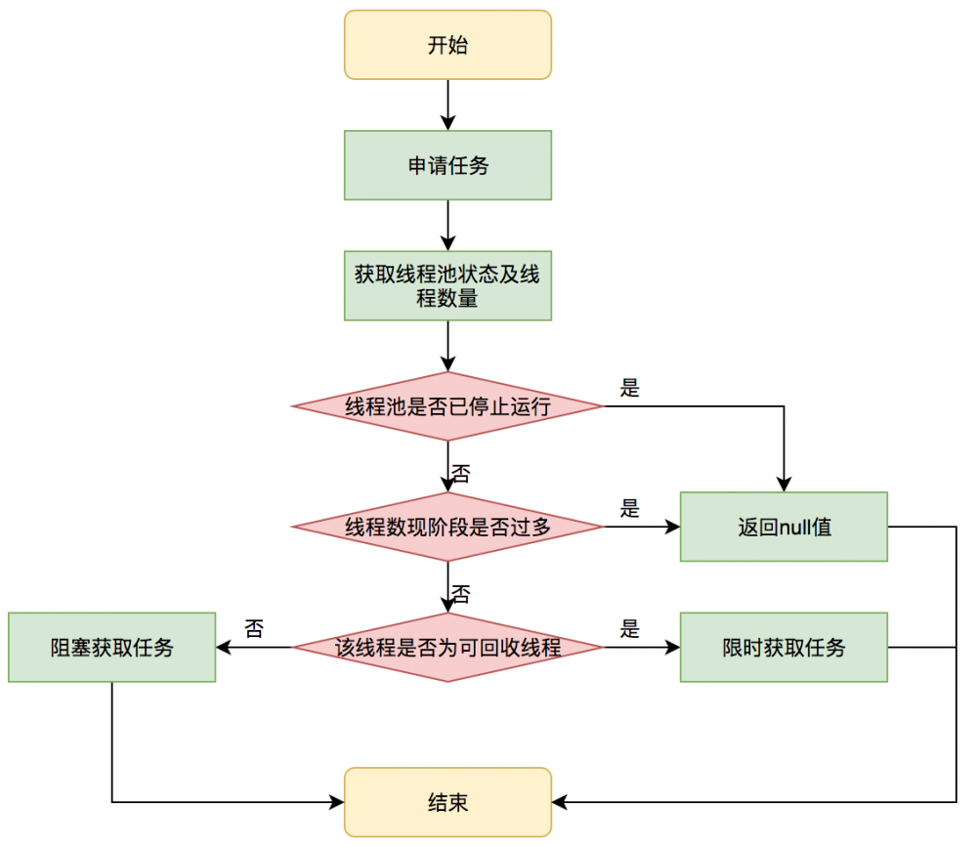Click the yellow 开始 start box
[x=447, y=45]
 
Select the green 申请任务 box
[x=447, y=165]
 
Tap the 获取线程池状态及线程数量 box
[x=447, y=286]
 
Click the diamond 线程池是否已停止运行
[x=447, y=406]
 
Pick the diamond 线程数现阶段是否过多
[x=447, y=527]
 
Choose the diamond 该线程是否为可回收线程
[x=447, y=647]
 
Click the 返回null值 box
[x=784, y=527]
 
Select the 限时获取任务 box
[x=784, y=647]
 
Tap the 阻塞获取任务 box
[x=111, y=647]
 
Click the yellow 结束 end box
[x=447, y=802]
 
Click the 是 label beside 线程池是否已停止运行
[x=630, y=388]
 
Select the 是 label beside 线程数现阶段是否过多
[x=630, y=508]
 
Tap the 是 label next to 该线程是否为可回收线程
[x=630, y=629]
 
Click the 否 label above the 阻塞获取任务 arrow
[x=255, y=629]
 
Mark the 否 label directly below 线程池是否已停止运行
[x=461, y=475]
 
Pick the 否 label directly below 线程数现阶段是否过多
[x=461, y=594]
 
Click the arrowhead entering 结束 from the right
[x=560, y=802]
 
